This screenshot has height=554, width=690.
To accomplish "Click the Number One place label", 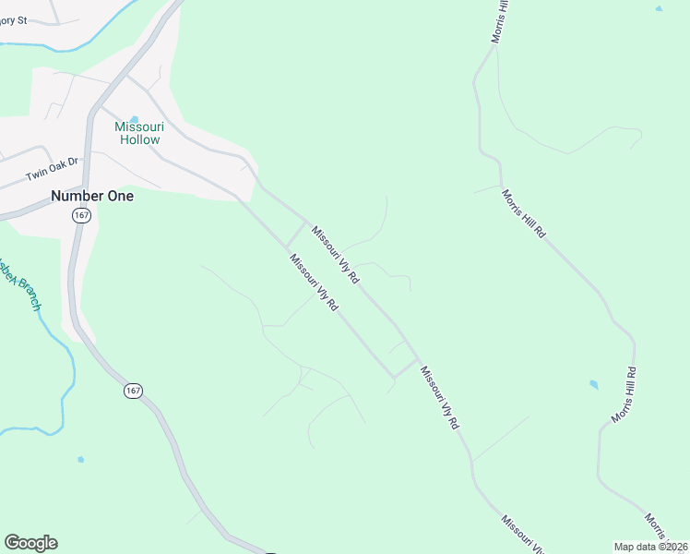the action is pyautogui.click(x=92, y=196).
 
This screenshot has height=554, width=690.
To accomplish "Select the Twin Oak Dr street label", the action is pyautogui.click(x=52, y=169).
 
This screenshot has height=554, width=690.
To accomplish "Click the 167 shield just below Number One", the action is pyautogui.click(x=82, y=215).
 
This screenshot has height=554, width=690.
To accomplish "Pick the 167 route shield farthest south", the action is pyautogui.click(x=134, y=391).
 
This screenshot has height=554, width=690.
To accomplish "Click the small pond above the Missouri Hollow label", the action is pyautogui.click(x=135, y=119).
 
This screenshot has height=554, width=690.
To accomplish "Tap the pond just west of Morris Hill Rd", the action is pyautogui.click(x=593, y=384).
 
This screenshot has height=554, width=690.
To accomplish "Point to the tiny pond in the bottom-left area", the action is pyautogui.click(x=81, y=459).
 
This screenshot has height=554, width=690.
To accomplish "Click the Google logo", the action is pyautogui.click(x=30, y=543).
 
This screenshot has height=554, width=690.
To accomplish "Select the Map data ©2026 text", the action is pyautogui.click(x=650, y=547).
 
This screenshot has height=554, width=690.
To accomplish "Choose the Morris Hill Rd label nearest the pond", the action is pyautogui.click(x=625, y=395).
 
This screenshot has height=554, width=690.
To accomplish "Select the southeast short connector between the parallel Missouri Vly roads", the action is pyautogui.click(x=406, y=367).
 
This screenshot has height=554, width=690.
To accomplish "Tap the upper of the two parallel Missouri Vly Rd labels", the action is pyautogui.click(x=335, y=254).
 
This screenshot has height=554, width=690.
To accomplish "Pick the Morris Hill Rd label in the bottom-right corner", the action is pyautogui.click(x=657, y=528).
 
